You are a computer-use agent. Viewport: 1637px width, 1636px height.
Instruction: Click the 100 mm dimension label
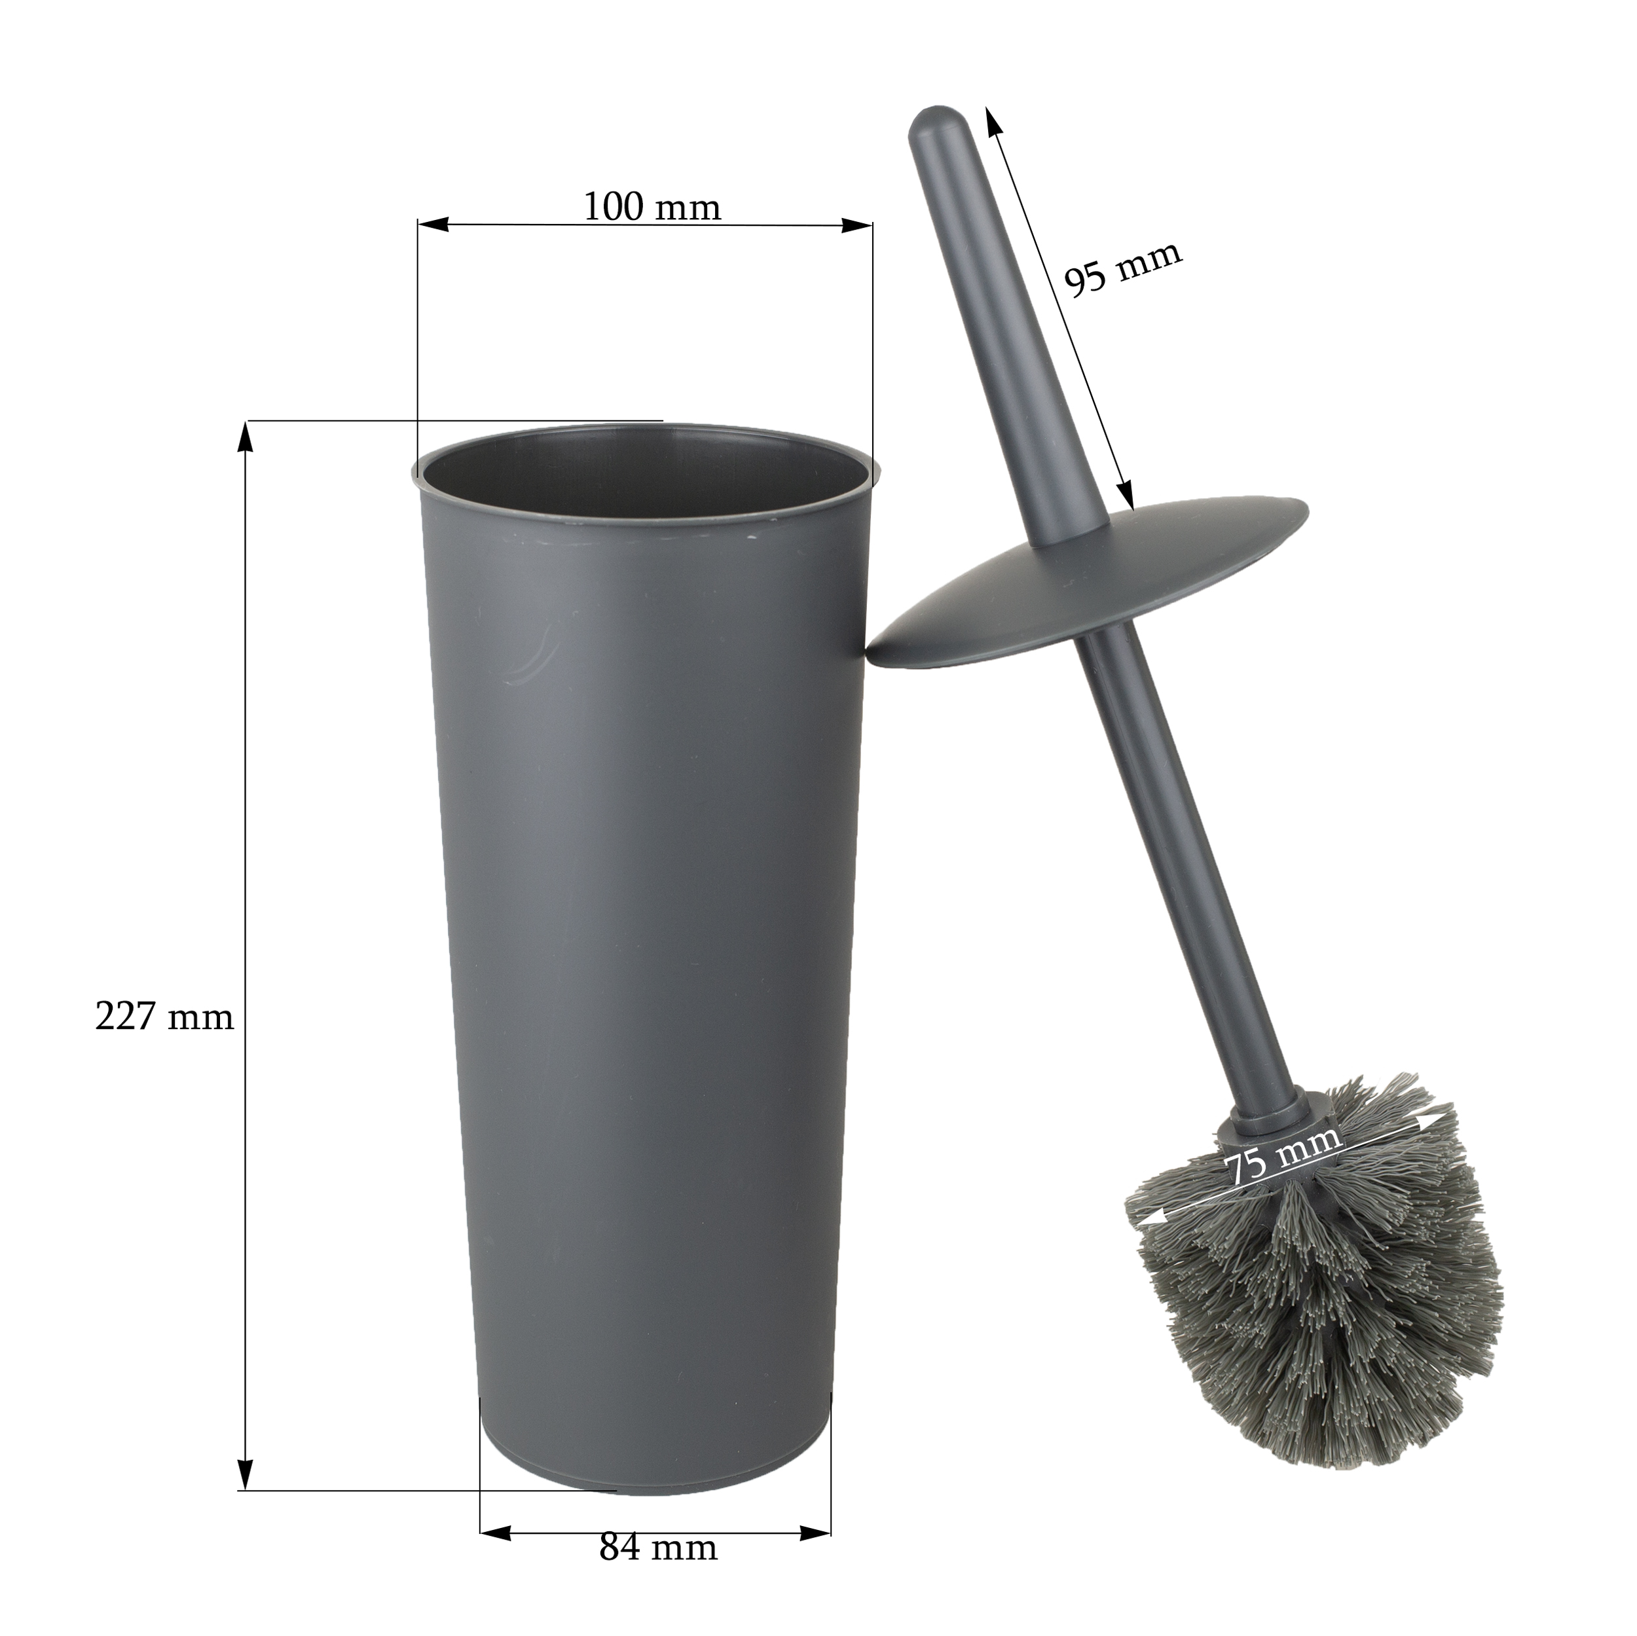652,207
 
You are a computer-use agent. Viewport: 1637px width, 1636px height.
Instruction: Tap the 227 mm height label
164,1016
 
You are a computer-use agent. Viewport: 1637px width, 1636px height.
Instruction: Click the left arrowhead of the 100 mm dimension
433,225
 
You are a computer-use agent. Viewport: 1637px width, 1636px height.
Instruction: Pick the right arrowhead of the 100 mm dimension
856,225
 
